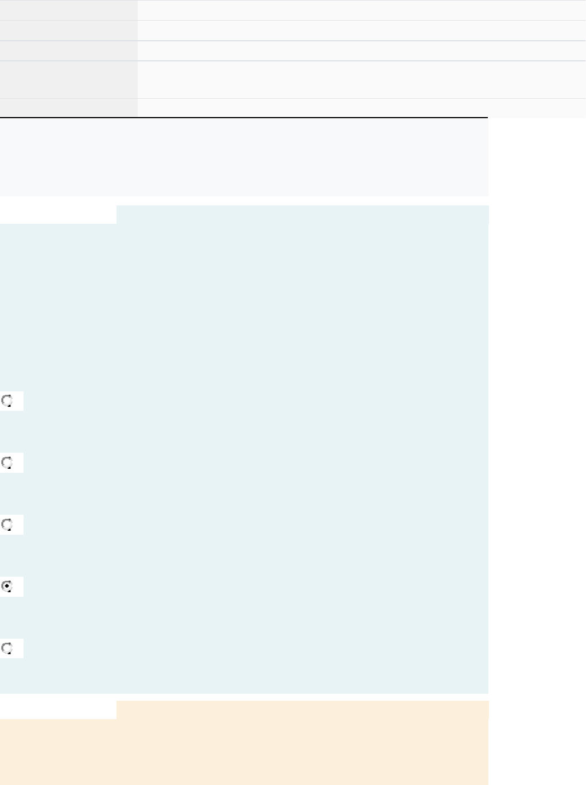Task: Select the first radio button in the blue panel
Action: click(x=7, y=401)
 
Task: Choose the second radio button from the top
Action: click(x=7, y=463)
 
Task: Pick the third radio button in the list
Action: click(x=7, y=524)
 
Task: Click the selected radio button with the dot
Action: click(x=7, y=586)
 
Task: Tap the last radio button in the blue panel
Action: click(x=7, y=648)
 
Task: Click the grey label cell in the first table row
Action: click(x=68, y=10)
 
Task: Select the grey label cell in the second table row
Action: click(x=68, y=30)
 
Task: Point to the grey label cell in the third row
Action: click(x=68, y=50)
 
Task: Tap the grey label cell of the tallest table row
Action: click(x=68, y=80)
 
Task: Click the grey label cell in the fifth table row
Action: click(x=68, y=108)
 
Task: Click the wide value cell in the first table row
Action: click(x=361, y=10)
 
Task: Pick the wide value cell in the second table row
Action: click(x=361, y=30)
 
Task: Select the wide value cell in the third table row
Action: click(x=361, y=50)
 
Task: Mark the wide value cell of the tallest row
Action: click(x=361, y=80)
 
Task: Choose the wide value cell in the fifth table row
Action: click(x=361, y=108)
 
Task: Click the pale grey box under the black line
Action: click(x=244, y=157)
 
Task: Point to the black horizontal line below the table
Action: click(x=244, y=118)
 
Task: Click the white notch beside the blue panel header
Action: click(x=58, y=214)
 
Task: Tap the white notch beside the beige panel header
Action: click(x=58, y=709)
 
